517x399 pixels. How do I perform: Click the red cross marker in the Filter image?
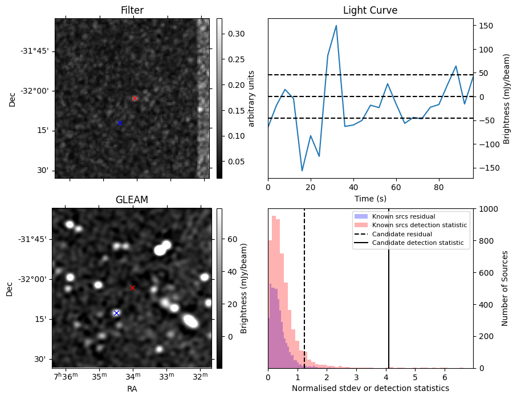pyautogui.click(x=135, y=98)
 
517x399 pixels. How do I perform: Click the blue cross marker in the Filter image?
pyautogui.click(x=120, y=123)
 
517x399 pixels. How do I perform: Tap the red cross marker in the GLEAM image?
pyautogui.click(x=133, y=288)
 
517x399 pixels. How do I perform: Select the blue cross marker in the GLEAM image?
pyautogui.click(x=116, y=313)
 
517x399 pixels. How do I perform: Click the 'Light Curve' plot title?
pyautogui.click(x=370, y=11)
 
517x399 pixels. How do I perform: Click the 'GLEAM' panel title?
pyautogui.click(x=132, y=200)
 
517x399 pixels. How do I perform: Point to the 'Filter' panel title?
pyautogui.click(x=132, y=11)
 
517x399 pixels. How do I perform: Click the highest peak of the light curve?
pyautogui.click(x=336, y=26)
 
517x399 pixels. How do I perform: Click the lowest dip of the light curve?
pyautogui.click(x=302, y=171)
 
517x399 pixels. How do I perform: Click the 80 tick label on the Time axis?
pyautogui.click(x=438, y=187)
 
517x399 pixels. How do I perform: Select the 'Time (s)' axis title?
pyautogui.click(x=370, y=198)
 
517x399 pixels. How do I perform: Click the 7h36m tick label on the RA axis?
pyautogui.click(x=65, y=377)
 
